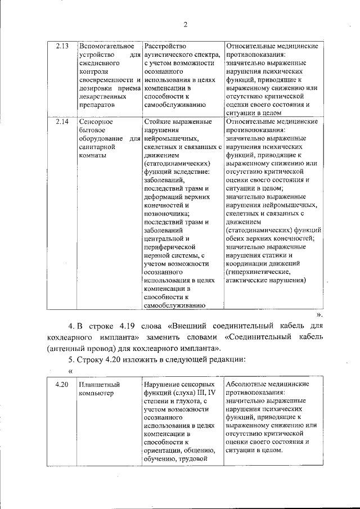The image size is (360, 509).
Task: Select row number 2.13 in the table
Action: click(x=62, y=46)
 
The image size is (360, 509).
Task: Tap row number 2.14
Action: click(x=62, y=121)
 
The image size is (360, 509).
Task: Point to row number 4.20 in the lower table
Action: click(x=62, y=384)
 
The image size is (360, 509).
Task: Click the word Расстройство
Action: click(x=165, y=46)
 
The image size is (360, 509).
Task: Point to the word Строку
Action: click(x=88, y=359)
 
